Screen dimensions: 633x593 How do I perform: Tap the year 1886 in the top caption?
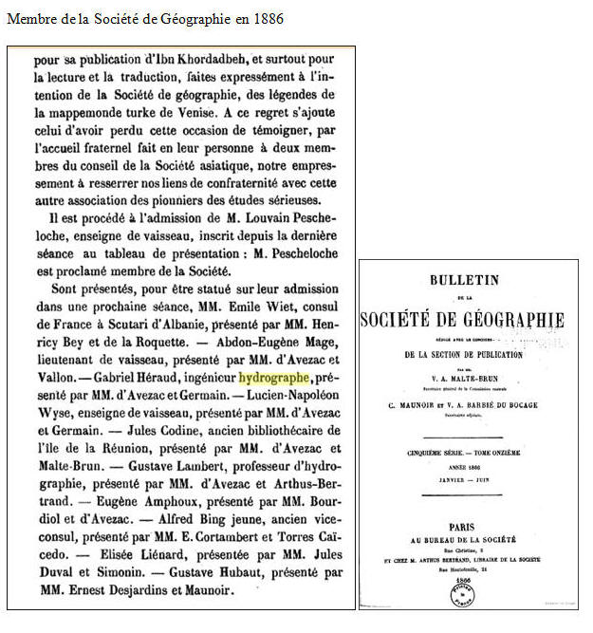tap(267, 18)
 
